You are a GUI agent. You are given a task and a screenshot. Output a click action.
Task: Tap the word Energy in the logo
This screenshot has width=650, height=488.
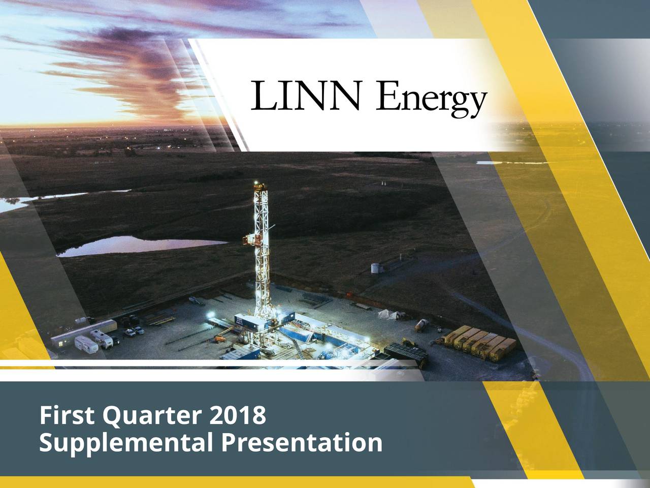(x=431, y=99)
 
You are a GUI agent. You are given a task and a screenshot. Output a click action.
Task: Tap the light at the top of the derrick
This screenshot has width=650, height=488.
(x=256, y=183)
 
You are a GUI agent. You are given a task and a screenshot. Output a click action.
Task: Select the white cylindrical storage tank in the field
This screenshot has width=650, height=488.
(x=375, y=268)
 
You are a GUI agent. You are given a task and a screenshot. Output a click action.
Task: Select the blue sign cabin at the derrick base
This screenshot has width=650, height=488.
(x=246, y=322)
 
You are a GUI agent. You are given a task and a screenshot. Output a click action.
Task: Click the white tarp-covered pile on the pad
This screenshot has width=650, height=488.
(x=388, y=315)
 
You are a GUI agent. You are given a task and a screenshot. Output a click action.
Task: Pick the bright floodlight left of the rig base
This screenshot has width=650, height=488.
(x=211, y=314)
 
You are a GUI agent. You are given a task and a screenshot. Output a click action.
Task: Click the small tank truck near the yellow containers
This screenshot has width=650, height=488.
(x=421, y=325)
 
